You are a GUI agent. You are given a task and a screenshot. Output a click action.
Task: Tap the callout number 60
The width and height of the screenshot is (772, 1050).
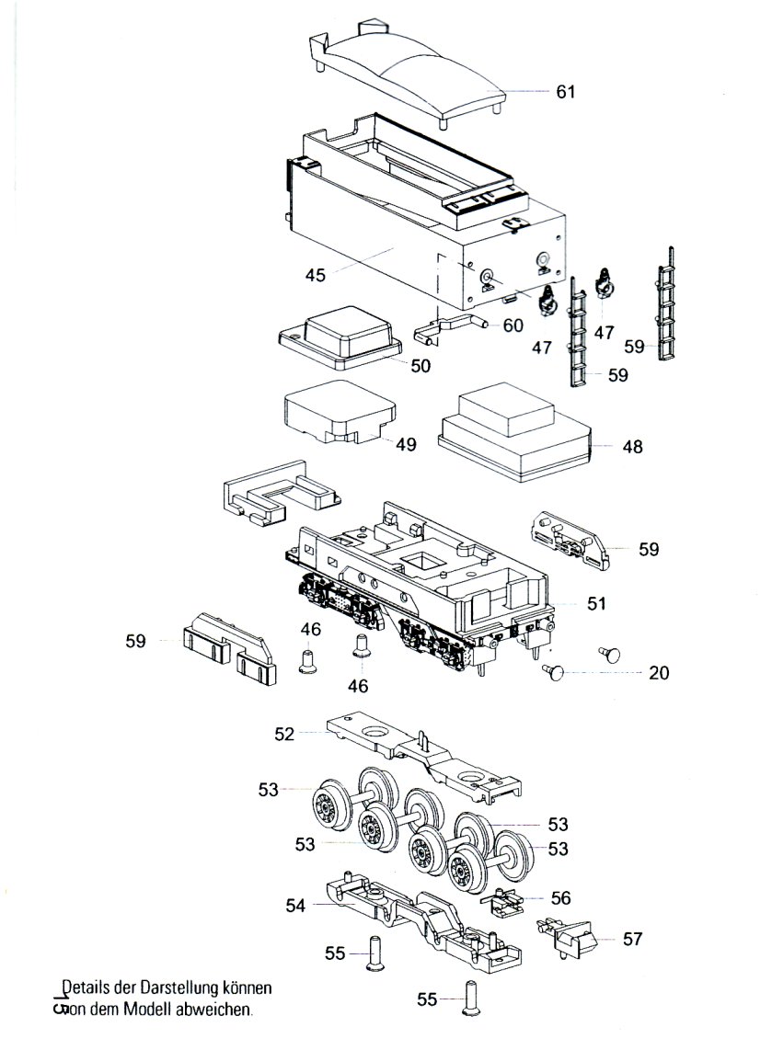click(513, 325)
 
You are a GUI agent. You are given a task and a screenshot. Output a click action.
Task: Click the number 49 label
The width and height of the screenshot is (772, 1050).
click(405, 444)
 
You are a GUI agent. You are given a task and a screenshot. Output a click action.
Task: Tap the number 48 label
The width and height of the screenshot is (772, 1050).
click(632, 448)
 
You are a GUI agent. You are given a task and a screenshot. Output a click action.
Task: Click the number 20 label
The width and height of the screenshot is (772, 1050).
click(659, 673)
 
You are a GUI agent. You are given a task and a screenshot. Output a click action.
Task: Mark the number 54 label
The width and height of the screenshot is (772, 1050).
click(295, 906)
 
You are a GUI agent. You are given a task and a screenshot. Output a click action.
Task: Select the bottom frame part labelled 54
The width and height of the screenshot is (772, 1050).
click(414, 919)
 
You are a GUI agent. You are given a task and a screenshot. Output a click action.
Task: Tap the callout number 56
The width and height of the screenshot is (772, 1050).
click(560, 896)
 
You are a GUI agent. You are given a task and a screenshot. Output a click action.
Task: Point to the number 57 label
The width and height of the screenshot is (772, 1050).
click(633, 939)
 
